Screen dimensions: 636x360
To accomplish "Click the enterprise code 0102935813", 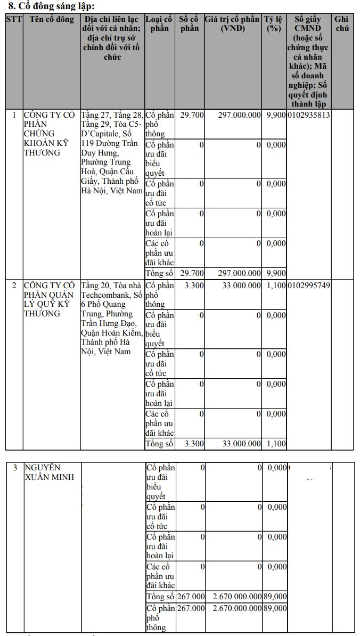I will point(308,115).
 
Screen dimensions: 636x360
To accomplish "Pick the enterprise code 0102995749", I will point(308,286).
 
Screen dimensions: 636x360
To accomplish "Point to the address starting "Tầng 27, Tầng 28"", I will point(112,152).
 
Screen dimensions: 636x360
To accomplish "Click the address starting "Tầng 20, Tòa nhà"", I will point(112,318).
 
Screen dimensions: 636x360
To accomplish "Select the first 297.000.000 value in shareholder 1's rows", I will point(239,115).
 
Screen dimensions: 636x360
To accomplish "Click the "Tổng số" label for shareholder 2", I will point(160,443).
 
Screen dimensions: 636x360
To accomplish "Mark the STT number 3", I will point(15,468).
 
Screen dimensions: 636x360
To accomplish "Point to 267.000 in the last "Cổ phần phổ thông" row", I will point(191,608).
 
